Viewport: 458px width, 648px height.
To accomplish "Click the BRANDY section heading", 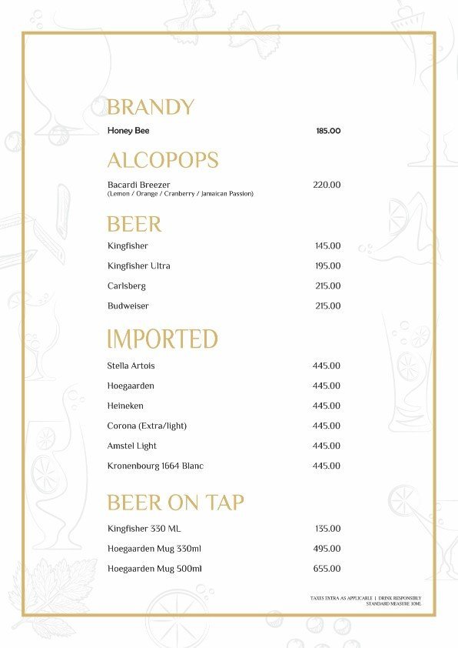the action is (150, 107).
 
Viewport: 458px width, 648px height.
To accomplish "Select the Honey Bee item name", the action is (128, 131).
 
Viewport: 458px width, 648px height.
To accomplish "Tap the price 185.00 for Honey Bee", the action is (327, 131).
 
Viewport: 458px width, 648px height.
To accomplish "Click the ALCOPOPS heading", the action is (162, 161).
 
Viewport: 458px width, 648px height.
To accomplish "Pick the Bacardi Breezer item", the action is (139, 185).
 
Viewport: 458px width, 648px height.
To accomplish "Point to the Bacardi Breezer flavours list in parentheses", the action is (181, 194).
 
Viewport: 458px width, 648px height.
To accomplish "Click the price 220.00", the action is (327, 185).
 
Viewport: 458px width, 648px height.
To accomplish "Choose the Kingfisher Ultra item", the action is (139, 266).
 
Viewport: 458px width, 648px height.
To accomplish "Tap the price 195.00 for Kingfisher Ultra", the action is (327, 266).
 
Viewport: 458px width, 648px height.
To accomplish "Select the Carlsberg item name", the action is (127, 286).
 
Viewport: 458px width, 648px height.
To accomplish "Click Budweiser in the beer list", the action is (128, 306).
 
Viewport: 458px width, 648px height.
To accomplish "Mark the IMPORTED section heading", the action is (162, 339).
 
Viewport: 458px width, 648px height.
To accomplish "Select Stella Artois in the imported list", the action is (131, 366).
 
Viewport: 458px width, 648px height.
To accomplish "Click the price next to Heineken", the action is (327, 406).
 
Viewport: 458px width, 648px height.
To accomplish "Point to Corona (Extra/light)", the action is (148, 426).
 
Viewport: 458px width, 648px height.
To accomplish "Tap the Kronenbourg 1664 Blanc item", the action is (155, 466).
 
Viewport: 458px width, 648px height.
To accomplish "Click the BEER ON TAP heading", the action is (175, 503).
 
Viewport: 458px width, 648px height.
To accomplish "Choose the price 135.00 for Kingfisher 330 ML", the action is (327, 529).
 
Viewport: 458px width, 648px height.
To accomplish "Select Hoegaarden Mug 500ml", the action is (154, 569).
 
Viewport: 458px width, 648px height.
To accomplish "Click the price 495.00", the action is (327, 549).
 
